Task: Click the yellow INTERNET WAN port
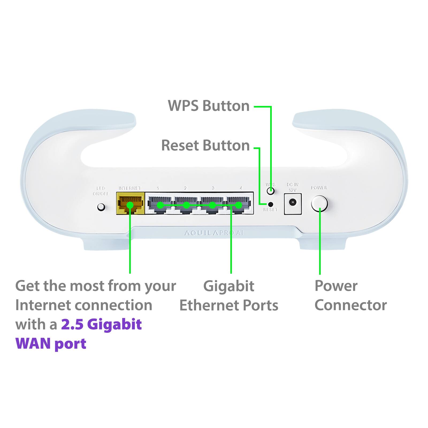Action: (x=130, y=204)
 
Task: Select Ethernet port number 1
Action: (x=160, y=205)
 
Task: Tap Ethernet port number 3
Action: (x=212, y=205)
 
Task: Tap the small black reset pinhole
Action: (x=270, y=204)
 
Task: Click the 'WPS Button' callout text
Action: (x=209, y=106)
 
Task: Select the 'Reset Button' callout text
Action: (x=205, y=146)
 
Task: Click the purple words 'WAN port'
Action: (x=51, y=344)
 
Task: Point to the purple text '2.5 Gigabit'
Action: (x=101, y=324)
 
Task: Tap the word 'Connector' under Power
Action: (x=350, y=305)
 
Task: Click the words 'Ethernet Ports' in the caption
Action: (x=229, y=305)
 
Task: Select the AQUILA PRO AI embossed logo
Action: (x=214, y=233)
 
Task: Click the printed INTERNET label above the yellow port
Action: (x=130, y=188)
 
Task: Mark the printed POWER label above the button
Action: (x=319, y=188)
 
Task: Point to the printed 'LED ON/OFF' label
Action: (x=101, y=191)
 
